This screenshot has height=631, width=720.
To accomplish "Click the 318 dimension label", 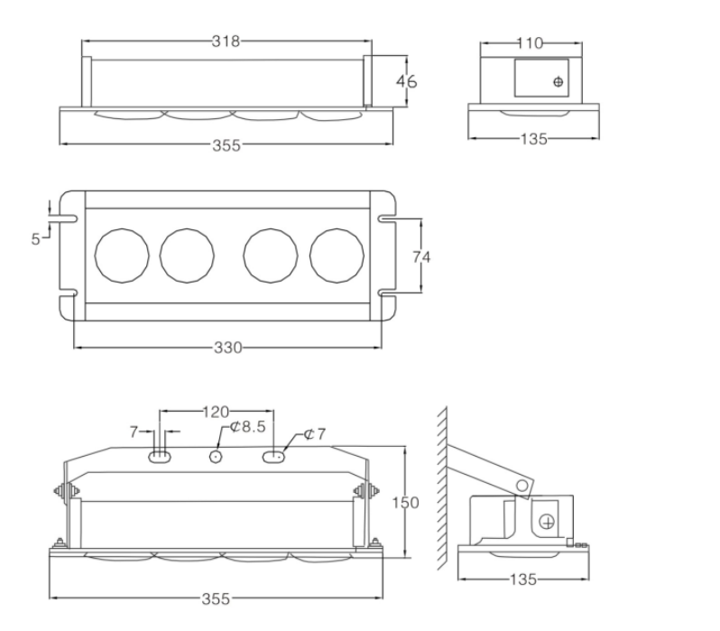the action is click(226, 42).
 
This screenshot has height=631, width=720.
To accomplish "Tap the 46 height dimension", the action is click(406, 81).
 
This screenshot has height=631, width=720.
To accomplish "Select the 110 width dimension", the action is click(530, 43).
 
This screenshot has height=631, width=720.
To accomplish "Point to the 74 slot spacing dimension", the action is click(421, 256).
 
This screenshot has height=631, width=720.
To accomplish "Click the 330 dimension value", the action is click(227, 348).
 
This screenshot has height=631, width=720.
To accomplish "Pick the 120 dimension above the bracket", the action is click(216, 412).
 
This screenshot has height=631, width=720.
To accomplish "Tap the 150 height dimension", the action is click(405, 502).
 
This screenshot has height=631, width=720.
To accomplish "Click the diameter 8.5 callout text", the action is click(248, 427).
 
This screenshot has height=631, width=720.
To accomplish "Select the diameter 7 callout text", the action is click(315, 434).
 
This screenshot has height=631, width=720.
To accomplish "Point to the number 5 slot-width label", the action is click(35, 239).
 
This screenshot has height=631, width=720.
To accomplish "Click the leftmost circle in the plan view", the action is click(122, 255).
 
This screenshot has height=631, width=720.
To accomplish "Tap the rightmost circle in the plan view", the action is click(337, 255).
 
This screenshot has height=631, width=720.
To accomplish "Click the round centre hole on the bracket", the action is click(216, 457).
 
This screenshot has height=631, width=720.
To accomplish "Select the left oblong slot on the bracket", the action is click(160, 457).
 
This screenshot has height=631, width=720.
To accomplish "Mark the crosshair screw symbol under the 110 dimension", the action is click(558, 82).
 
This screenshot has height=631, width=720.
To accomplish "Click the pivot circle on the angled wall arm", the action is click(522, 486).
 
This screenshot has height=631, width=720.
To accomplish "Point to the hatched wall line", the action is click(442, 488).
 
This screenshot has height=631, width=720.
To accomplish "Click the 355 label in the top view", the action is click(226, 145).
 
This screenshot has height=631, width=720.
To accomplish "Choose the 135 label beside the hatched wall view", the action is click(523, 579).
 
